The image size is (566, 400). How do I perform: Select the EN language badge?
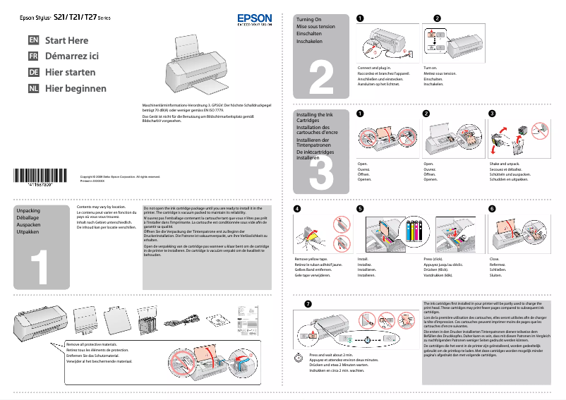click(x=33, y=41)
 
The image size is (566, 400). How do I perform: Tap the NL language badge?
click(x=33, y=88)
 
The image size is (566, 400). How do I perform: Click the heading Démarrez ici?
click(x=71, y=56)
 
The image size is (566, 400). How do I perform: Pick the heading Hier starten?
click(x=70, y=73)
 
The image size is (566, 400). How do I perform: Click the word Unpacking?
click(x=28, y=211)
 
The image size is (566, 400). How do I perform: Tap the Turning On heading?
click(x=309, y=20)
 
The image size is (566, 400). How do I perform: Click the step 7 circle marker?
click(x=307, y=303)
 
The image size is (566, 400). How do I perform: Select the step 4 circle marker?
click(x=296, y=209)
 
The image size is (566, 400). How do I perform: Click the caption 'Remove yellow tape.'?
click(x=311, y=260)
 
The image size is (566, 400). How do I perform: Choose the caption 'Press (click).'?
click(x=433, y=260)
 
